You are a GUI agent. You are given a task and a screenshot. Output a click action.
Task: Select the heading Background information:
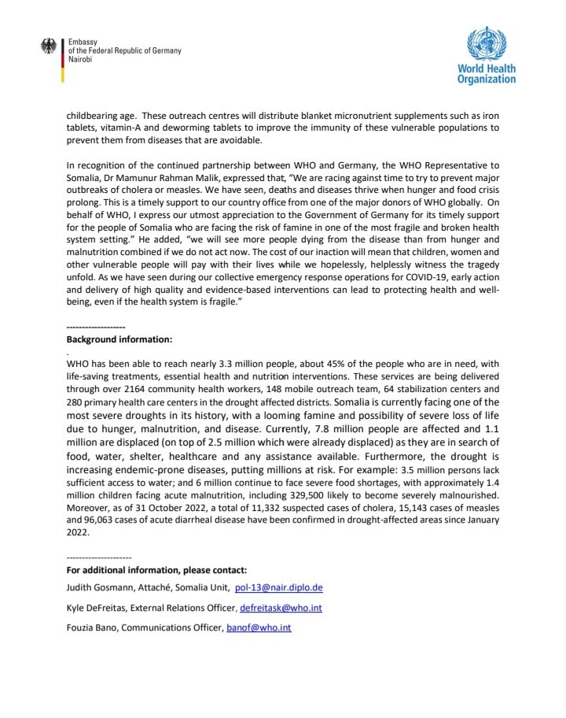pyautogui.click(x=119, y=339)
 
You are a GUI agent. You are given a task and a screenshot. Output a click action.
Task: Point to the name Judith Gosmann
pyautogui.click(x=98, y=587)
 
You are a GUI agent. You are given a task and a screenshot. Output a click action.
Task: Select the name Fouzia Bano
pyautogui.click(x=92, y=628)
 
